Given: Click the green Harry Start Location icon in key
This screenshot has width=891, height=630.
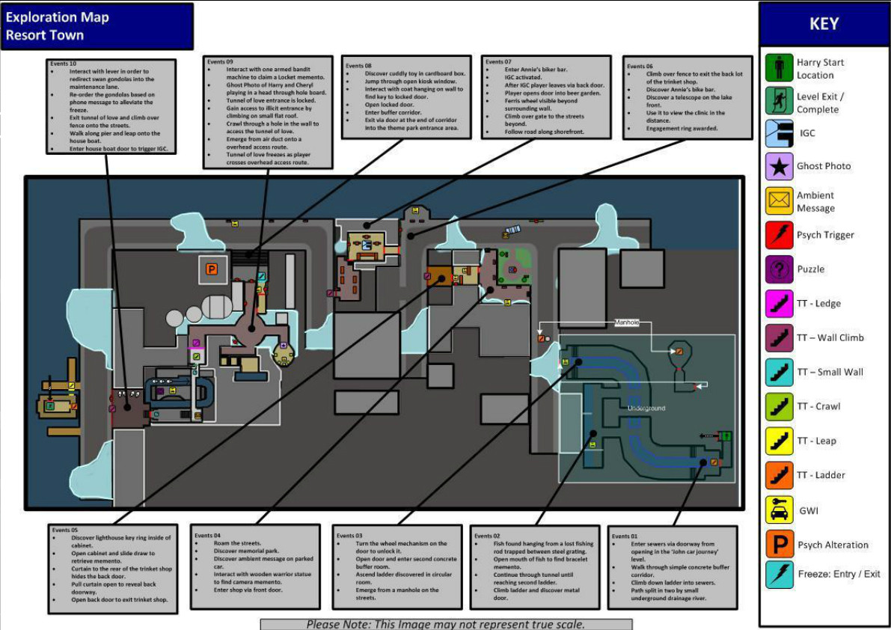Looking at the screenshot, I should pyautogui.click(x=779, y=68).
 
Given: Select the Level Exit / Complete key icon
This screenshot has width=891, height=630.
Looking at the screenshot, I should pyautogui.click(x=779, y=102).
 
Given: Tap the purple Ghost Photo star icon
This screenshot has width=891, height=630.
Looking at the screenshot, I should pyautogui.click(x=779, y=166).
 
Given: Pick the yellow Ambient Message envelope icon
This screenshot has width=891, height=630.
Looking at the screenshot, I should pyautogui.click(x=779, y=201).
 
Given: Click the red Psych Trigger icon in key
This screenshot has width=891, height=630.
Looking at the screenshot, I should pyautogui.click(x=779, y=235).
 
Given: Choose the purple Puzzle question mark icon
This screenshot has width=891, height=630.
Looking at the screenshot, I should pyautogui.click(x=779, y=269).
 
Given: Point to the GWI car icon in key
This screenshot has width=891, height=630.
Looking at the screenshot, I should pyautogui.click(x=779, y=510).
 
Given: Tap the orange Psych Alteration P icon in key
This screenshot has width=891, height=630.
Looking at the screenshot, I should pyautogui.click(x=779, y=544).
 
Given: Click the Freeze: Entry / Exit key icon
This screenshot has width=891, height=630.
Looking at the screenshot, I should pyautogui.click(x=779, y=575).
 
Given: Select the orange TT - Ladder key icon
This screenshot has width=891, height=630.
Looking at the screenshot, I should pyautogui.click(x=779, y=475).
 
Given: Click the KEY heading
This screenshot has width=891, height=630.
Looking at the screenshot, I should pyautogui.click(x=823, y=23).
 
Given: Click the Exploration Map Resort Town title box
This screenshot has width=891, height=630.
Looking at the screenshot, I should pyautogui.click(x=97, y=26).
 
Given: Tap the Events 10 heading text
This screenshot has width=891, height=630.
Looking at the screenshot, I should pyautogui.click(x=64, y=64).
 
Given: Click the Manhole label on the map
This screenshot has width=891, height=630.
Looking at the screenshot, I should pyautogui.click(x=627, y=322).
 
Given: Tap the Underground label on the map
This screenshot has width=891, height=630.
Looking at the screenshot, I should pyautogui.click(x=646, y=408).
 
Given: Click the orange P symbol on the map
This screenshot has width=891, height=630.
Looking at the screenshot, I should pyautogui.click(x=211, y=269).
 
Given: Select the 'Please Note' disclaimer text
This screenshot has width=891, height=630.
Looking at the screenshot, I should pyautogui.click(x=446, y=624).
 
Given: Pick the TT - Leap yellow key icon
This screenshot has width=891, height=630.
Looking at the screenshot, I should pyautogui.click(x=779, y=441).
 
